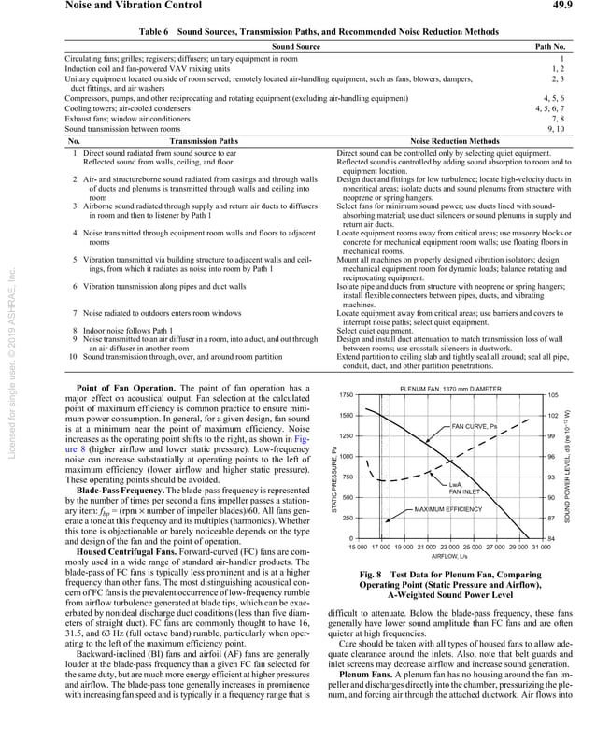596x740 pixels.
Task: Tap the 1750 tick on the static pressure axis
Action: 346,396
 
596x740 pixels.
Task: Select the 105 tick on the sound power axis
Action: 553,396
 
